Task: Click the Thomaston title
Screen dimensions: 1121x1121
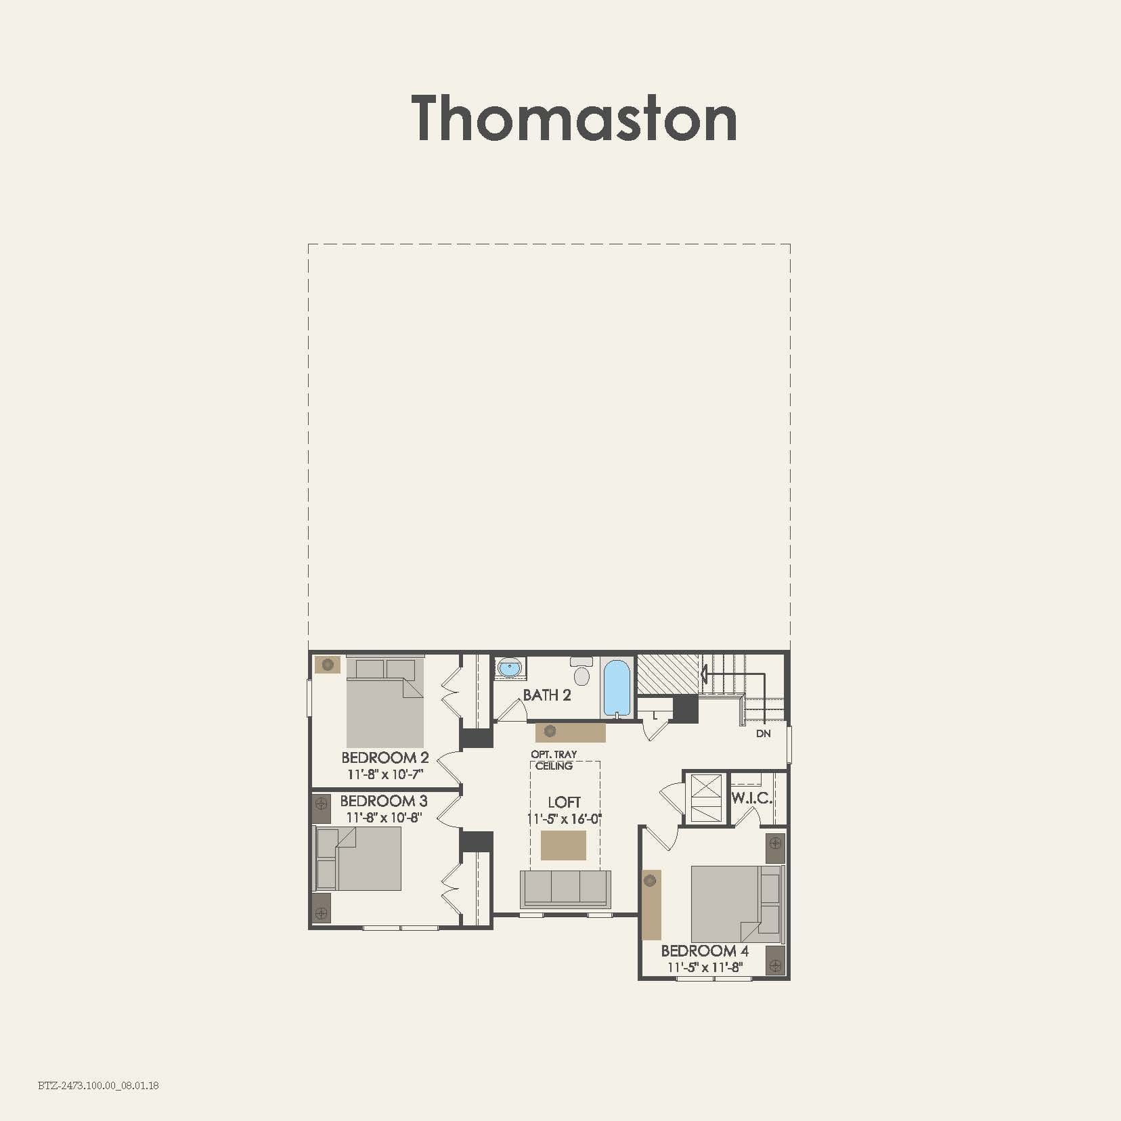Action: coord(574,118)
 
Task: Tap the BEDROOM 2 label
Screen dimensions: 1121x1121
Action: coord(384,757)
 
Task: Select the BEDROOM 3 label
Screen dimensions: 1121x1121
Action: coord(384,801)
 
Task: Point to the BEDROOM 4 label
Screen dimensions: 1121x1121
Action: coord(705,951)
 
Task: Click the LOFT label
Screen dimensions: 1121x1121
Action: coord(564,802)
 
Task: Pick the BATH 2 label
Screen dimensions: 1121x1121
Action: coord(547,695)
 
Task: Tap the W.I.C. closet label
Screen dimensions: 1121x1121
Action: coord(751,798)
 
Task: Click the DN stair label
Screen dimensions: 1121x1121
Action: coord(763,734)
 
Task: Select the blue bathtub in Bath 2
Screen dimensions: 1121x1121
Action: coord(617,687)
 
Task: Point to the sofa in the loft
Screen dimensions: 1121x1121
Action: coord(565,888)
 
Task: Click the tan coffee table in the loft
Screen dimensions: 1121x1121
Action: coord(563,845)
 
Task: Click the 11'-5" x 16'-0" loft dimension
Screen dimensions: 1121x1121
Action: coord(565,819)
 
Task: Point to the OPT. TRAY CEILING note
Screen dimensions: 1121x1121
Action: coord(554,760)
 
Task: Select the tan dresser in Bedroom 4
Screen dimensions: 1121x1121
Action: coord(651,904)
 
